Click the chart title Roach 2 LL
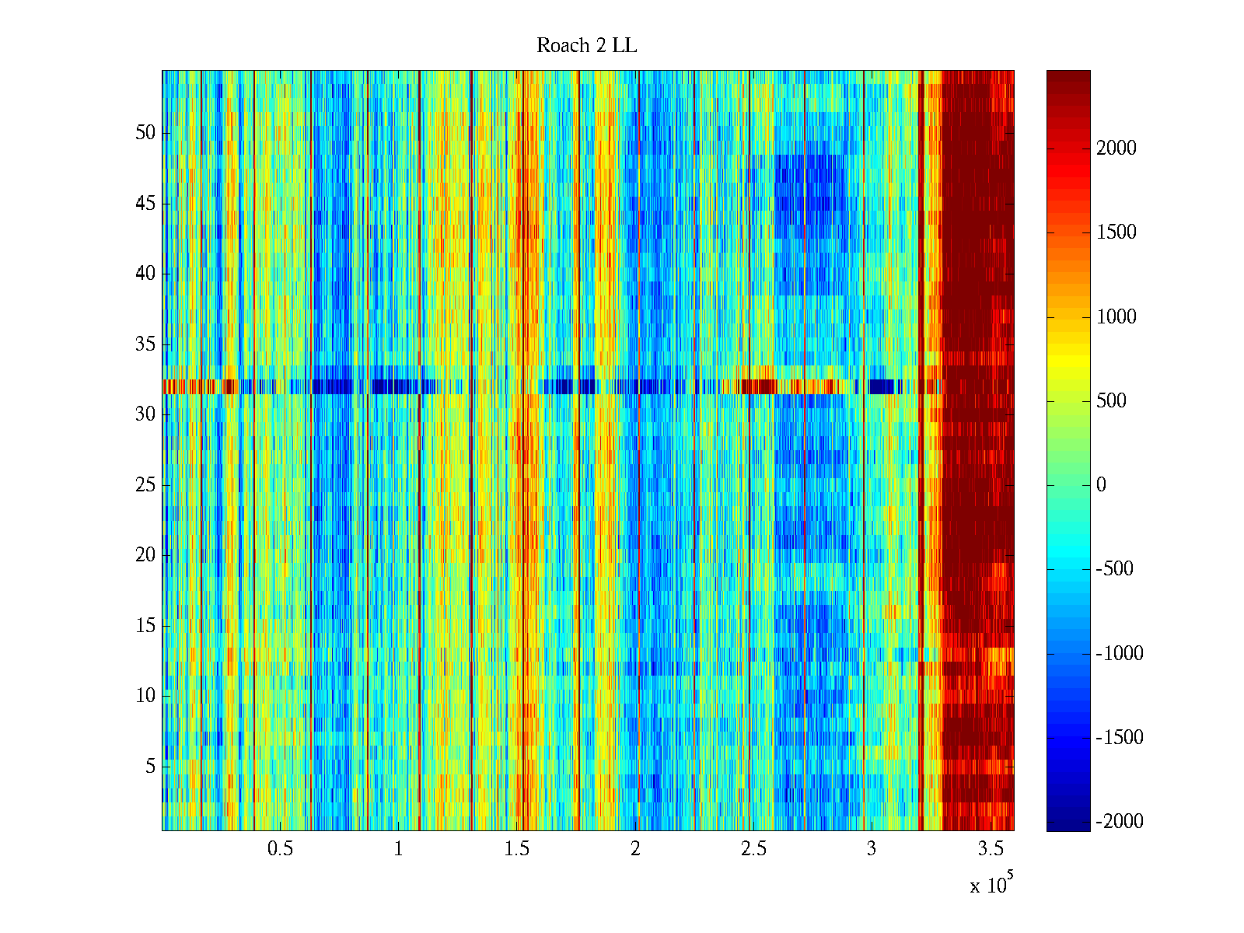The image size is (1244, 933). point(586,46)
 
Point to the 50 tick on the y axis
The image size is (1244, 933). point(145,133)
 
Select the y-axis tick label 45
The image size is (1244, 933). point(145,204)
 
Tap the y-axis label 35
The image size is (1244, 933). point(145,344)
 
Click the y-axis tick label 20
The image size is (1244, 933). point(145,555)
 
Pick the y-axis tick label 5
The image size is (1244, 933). point(150,767)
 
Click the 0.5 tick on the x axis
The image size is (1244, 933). point(280,849)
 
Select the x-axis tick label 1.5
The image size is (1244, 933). point(516,849)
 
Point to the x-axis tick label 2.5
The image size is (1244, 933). point(753,849)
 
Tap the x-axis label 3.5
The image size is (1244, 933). point(991,849)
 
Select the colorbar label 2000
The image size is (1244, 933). point(1116,149)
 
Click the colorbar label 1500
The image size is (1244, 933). point(1116,232)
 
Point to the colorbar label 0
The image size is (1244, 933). point(1101,485)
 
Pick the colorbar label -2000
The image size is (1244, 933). point(1120,822)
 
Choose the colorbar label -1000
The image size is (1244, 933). point(1120,654)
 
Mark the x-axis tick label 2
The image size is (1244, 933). point(635,849)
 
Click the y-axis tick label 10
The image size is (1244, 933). point(145,696)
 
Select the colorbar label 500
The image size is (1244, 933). point(1111,401)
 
